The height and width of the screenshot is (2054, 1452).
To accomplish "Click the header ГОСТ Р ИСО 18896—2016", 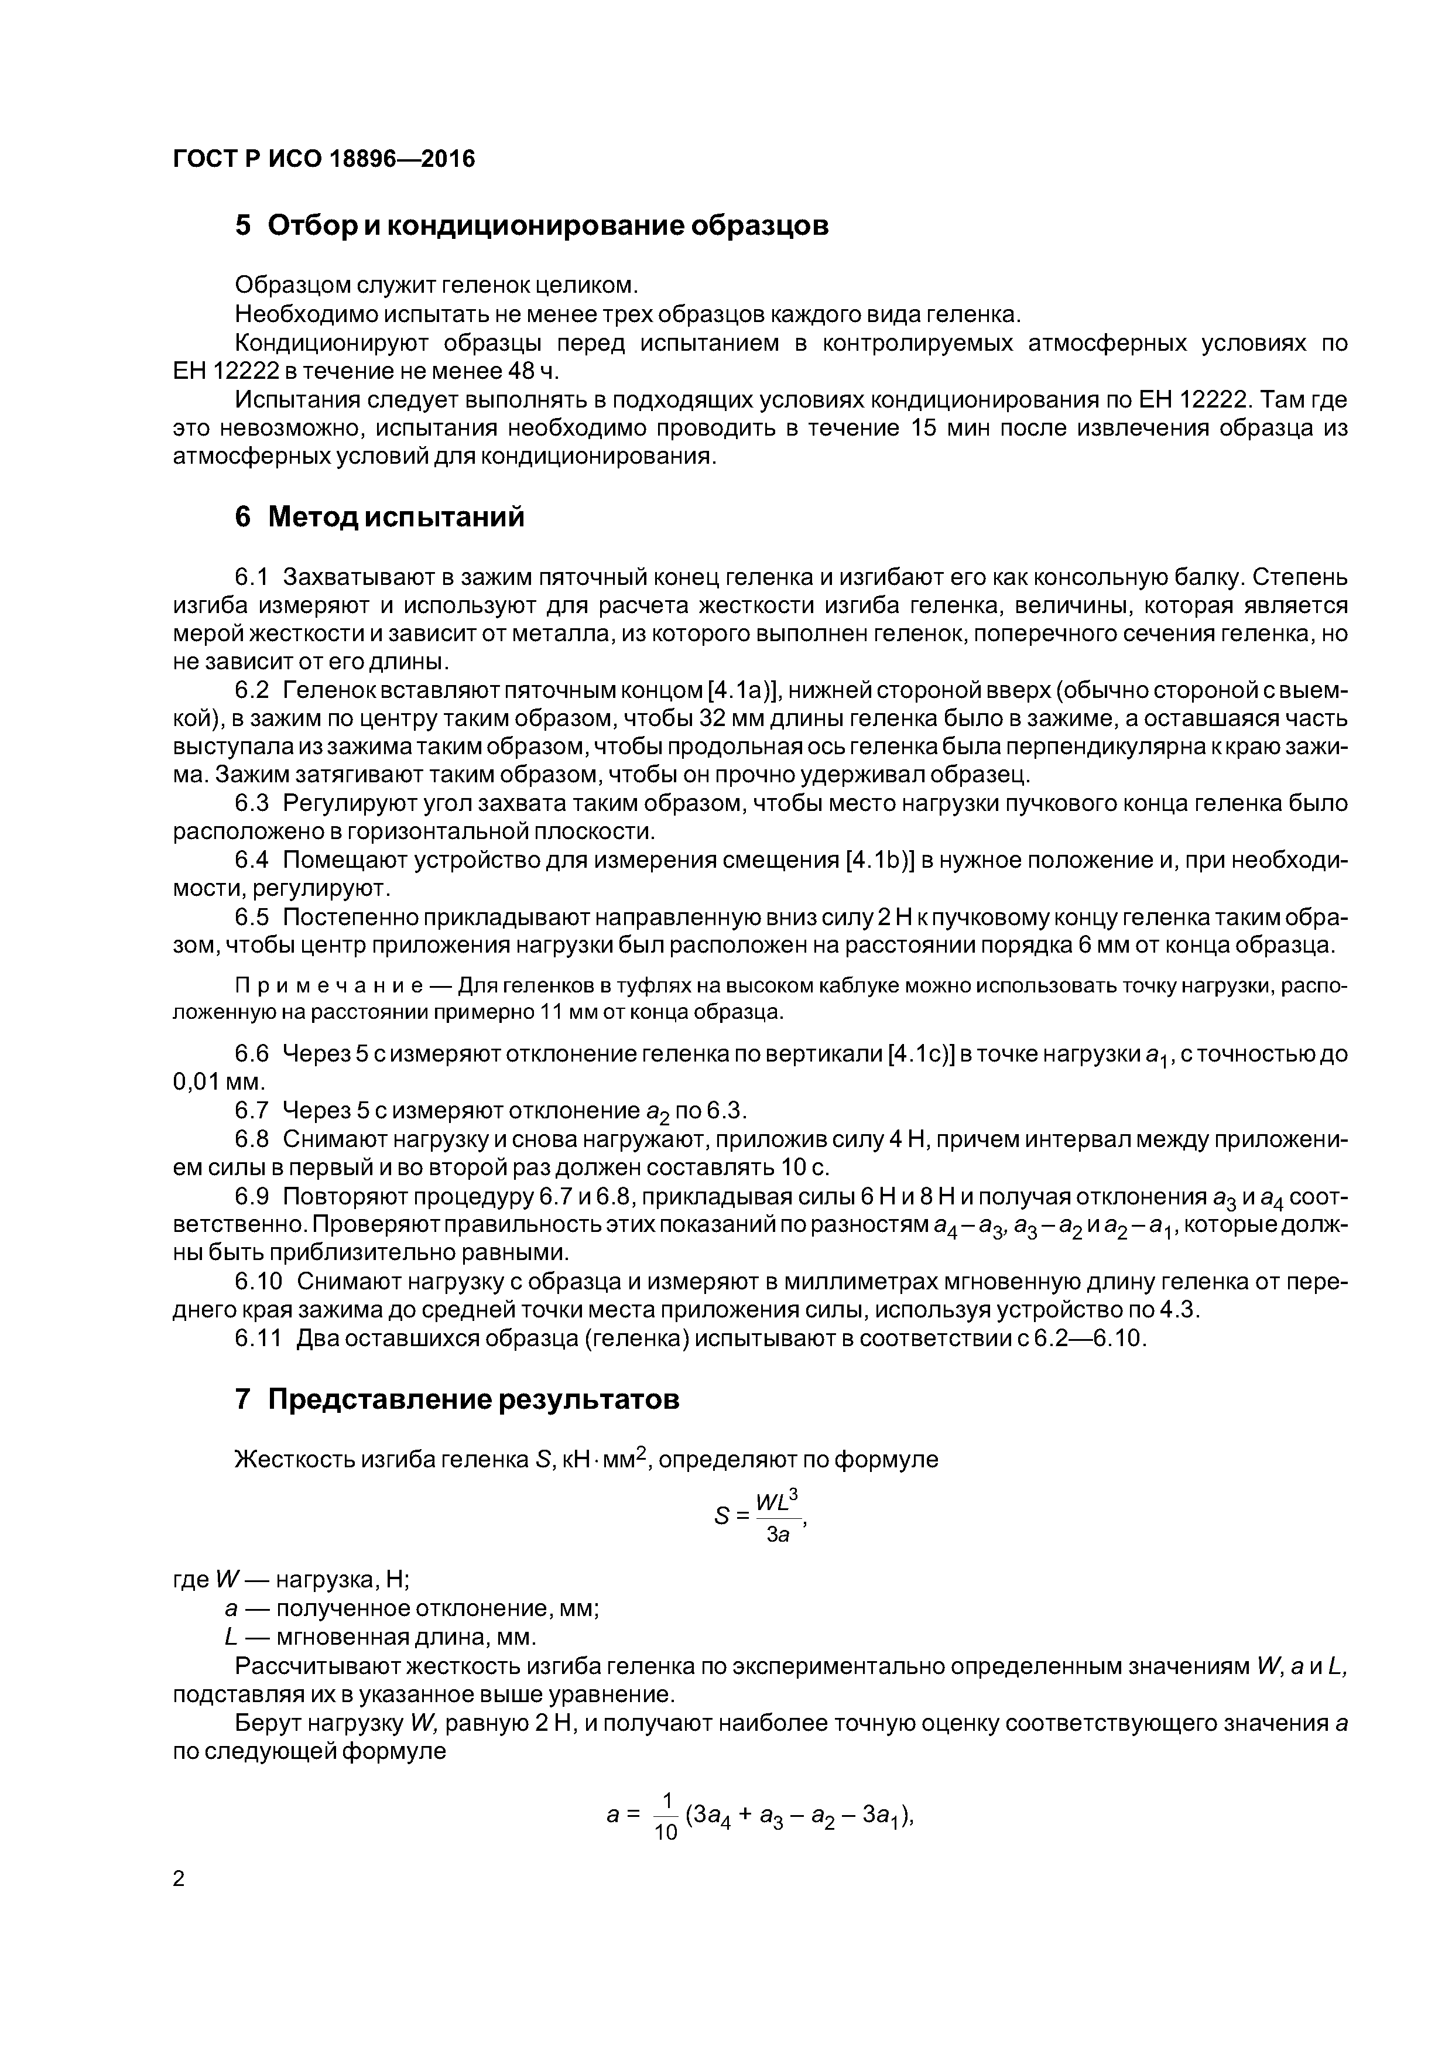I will click(323, 159).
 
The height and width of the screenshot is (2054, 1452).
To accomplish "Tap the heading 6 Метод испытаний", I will click(379, 517).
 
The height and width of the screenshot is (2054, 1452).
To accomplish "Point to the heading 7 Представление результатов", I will click(457, 1399).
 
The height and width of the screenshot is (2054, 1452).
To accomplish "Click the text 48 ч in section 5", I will click(532, 371).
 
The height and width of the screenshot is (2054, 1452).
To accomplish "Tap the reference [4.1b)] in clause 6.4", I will click(879, 861).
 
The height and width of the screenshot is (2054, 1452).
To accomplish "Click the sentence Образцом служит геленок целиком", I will click(437, 285).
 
